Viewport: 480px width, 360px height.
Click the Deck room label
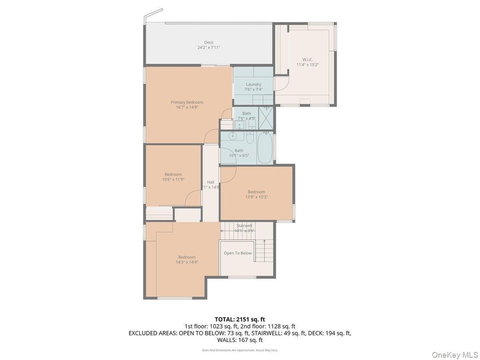(209, 43)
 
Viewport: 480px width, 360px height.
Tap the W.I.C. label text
(307, 59)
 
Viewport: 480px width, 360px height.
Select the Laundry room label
(253, 84)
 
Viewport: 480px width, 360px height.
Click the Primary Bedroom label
(187, 102)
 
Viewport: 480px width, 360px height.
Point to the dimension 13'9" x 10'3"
(257, 197)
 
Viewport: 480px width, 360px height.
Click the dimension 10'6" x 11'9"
(173, 179)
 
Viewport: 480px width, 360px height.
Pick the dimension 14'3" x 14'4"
(187, 262)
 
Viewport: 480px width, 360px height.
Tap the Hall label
(210, 182)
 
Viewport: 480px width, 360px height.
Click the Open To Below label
(238, 253)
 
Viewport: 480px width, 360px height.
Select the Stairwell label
(245, 226)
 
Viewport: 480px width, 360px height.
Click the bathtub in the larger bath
(264, 147)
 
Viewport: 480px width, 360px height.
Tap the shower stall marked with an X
(267, 120)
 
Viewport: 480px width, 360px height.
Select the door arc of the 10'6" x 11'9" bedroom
(193, 197)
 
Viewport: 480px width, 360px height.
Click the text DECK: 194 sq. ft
(329, 333)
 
